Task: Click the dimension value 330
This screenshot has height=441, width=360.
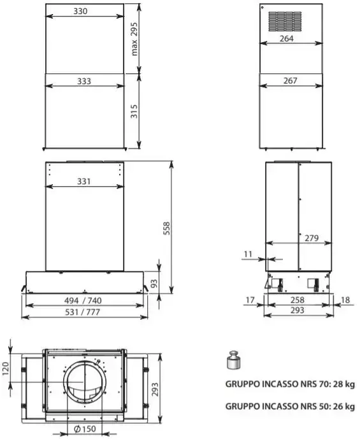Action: [x=80, y=11]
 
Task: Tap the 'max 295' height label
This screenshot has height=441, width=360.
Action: [x=134, y=39]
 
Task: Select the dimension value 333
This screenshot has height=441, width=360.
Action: [x=84, y=81]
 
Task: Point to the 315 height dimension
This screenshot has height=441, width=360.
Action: [x=134, y=112]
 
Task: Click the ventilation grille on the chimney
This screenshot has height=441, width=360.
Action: [x=285, y=22]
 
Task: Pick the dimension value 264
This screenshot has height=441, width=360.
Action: [x=287, y=38]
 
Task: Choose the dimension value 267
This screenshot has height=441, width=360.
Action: [x=291, y=81]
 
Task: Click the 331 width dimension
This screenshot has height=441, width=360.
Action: [x=84, y=182]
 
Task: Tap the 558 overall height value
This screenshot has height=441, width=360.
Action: [x=166, y=228]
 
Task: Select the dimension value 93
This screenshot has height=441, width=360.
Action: [x=154, y=284]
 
